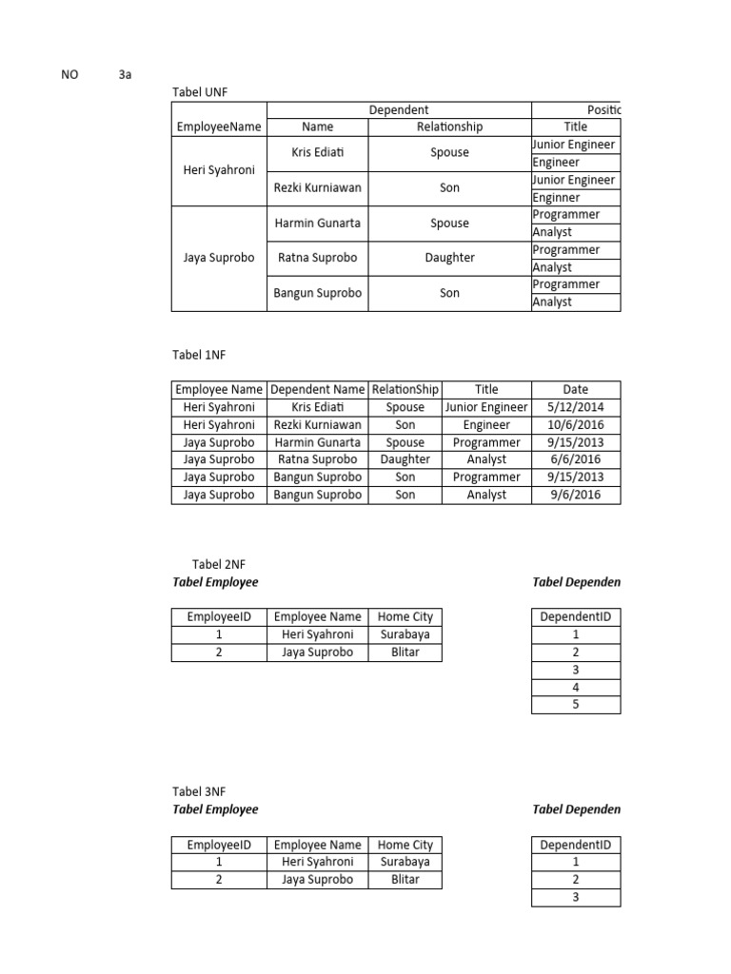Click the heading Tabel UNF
(199, 91)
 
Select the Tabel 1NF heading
(199, 355)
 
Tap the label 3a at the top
(125, 74)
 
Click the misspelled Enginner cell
(556, 197)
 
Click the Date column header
(575, 389)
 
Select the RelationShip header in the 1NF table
(405, 389)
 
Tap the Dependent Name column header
(317, 389)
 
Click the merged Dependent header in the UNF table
(399, 109)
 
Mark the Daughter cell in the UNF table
(449, 258)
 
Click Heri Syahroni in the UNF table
(219, 170)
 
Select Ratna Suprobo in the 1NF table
(317, 459)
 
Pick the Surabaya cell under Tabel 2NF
(405, 634)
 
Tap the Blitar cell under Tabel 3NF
(405, 880)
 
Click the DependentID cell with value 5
(575, 705)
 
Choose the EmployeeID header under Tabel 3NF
(219, 845)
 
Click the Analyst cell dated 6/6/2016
(486, 459)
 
